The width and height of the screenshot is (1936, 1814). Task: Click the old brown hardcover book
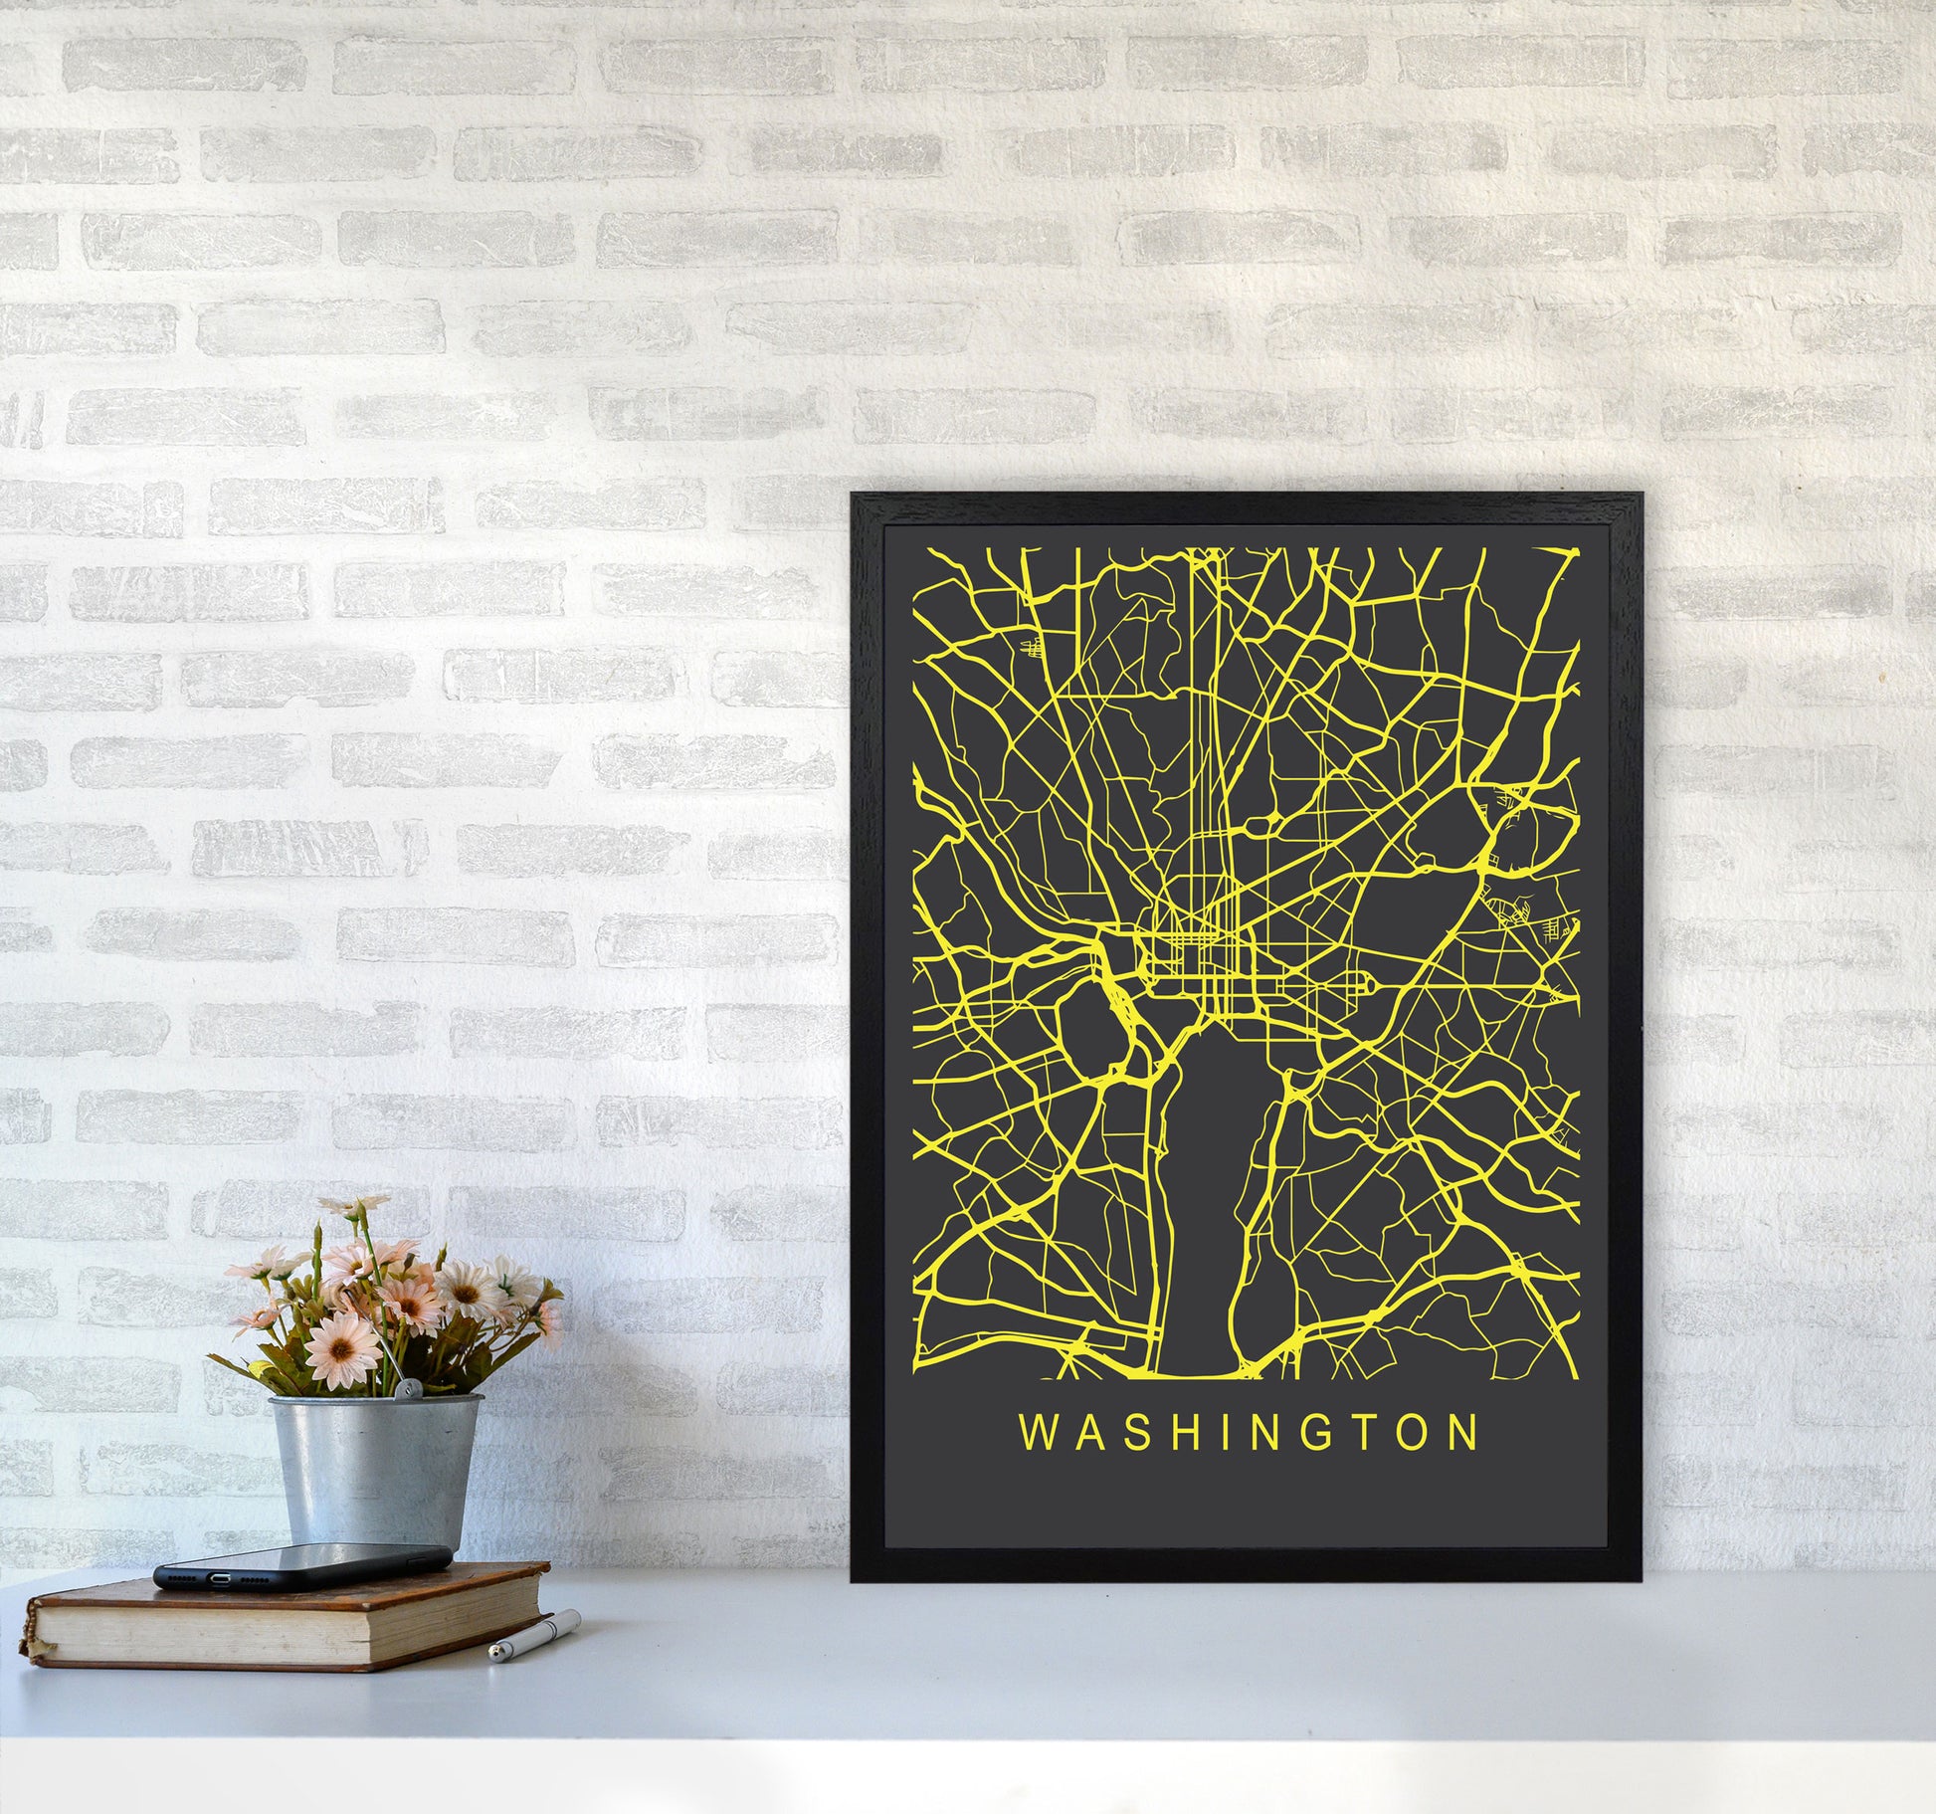tap(289, 1617)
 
